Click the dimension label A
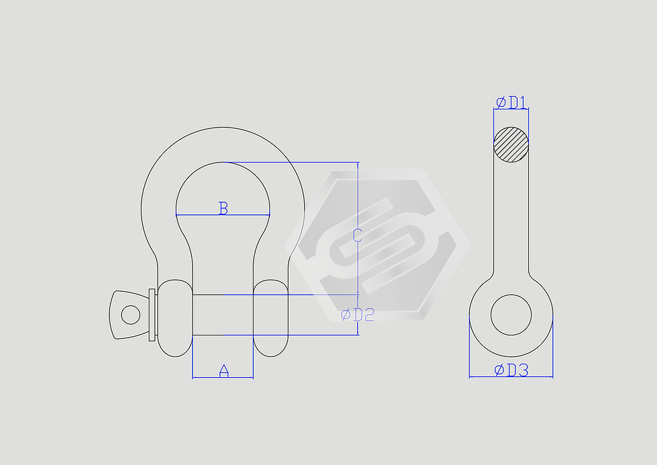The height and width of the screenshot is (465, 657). point(224,370)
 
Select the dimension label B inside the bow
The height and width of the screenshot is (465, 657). point(223,208)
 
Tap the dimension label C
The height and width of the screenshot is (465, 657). point(357,235)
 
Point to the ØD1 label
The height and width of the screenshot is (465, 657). point(511,103)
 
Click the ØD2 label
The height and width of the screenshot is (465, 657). point(357,315)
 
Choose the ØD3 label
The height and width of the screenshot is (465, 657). point(512,370)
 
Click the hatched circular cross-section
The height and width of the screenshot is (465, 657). point(511,144)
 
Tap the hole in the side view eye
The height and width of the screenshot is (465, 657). point(511,315)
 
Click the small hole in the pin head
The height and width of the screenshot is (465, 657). point(130,314)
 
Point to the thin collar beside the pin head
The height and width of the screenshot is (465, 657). point(152,314)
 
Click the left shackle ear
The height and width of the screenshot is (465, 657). point(174,318)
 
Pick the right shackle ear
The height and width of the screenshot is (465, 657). point(271,318)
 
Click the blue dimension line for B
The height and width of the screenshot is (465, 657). point(201,215)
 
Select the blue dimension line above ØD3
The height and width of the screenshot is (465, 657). point(483,376)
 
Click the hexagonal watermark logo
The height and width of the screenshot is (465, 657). point(375,242)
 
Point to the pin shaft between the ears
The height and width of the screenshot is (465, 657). point(223,315)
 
